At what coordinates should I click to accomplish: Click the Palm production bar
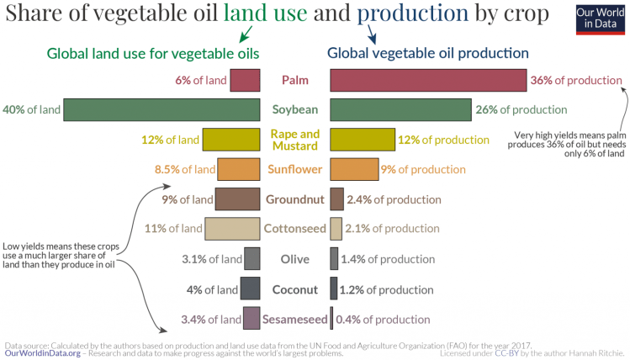pyautogui.click(x=428, y=80)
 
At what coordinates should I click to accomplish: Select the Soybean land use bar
pyautogui.click(x=161, y=110)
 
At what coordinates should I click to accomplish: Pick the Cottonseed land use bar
pyautogui.click(x=232, y=228)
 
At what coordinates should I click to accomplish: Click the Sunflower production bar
pyautogui.click(x=354, y=169)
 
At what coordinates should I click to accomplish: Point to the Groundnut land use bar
pyautogui.click(x=237, y=199)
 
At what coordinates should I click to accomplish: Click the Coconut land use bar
pyautogui.click(x=250, y=289)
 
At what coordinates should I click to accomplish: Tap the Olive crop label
pyautogui.click(x=294, y=259)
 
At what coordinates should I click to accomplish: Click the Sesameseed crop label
pyautogui.click(x=294, y=319)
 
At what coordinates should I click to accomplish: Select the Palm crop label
pyautogui.click(x=294, y=81)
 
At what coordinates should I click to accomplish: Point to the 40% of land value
pyautogui.click(x=31, y=110)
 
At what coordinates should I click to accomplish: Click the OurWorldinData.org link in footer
pyautogui.click(x=42, y=353)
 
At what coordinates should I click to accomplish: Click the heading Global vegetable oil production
pyautogui.click(x=427, y=53)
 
